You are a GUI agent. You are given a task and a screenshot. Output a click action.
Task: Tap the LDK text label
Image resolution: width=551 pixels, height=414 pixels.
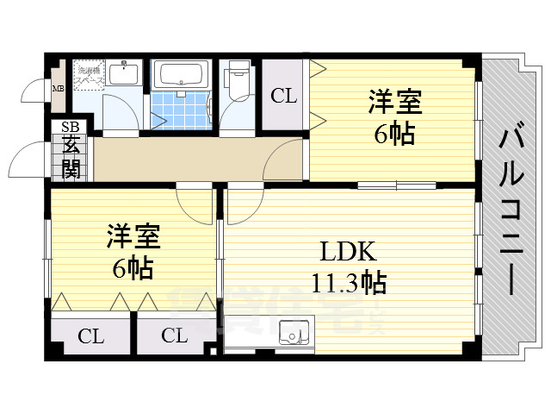349,252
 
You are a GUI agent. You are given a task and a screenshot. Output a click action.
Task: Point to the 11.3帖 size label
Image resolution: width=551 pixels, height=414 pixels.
349,281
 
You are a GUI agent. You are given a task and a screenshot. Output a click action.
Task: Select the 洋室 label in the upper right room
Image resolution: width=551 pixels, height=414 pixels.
395,103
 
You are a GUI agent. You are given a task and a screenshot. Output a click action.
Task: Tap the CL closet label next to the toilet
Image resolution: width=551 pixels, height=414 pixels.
283,95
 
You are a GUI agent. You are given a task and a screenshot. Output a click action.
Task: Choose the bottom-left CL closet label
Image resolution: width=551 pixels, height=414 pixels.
90,336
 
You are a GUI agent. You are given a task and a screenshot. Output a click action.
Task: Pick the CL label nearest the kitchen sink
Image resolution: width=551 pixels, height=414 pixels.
174,336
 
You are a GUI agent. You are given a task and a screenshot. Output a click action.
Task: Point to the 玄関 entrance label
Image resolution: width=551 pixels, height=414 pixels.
70,157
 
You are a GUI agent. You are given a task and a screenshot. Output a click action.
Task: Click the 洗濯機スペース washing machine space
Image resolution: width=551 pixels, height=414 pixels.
88,75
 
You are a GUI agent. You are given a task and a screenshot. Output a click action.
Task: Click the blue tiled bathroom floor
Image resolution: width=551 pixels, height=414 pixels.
180,110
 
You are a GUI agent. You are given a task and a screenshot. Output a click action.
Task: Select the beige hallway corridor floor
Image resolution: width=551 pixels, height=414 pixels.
172,160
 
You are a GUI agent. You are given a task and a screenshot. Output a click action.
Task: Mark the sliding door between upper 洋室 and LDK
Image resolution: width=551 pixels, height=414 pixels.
396,185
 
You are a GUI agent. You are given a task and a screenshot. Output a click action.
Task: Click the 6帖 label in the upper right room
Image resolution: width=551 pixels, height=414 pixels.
395,135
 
